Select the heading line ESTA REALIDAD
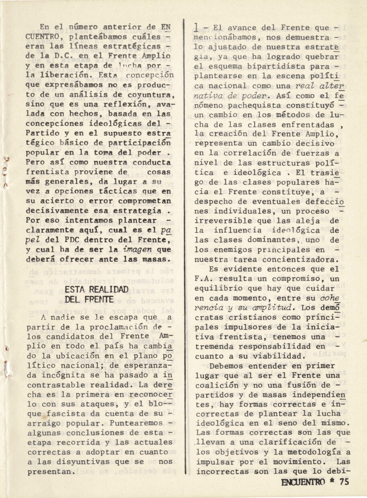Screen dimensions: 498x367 point(96,290)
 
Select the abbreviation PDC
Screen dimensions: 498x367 point(75,240)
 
